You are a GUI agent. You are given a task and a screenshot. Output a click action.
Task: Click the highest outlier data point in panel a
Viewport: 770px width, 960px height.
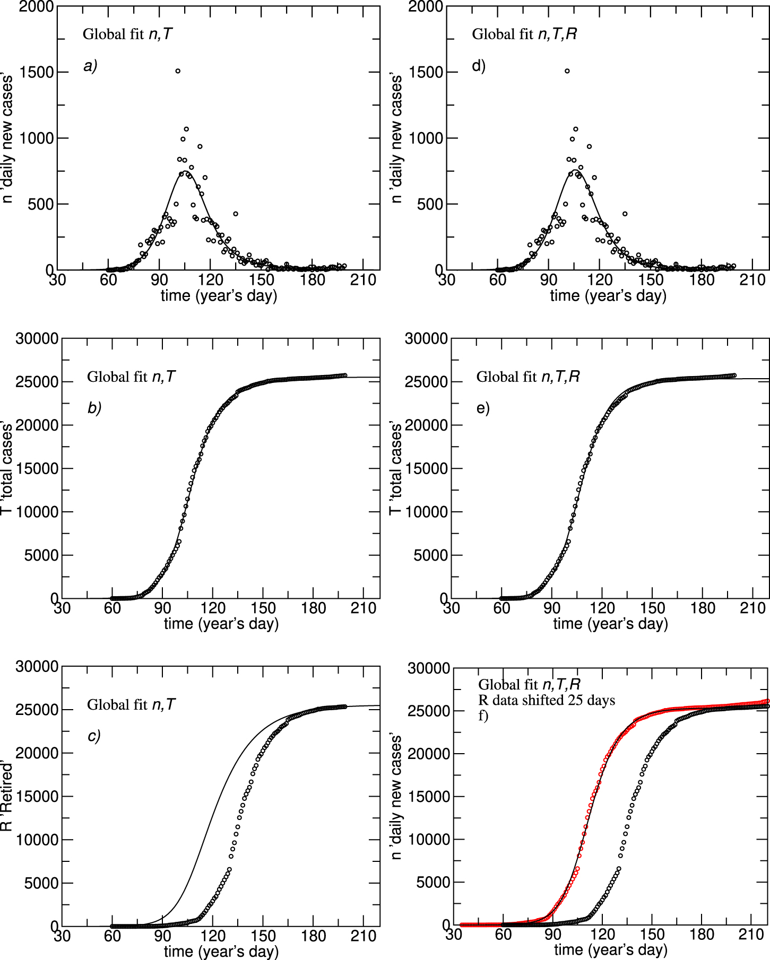point(178,71)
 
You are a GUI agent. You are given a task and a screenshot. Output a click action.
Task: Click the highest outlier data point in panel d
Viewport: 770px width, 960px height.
point(567,71)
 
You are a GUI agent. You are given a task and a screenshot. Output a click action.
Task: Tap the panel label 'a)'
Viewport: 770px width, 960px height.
point(90,66)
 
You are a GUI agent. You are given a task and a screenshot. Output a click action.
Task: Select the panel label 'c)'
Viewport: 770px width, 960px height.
point(94,736)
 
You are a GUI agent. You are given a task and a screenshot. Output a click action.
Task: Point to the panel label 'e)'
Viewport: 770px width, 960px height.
point(483,408)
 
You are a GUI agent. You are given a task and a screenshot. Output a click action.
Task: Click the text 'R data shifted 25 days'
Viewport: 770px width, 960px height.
point(547,700)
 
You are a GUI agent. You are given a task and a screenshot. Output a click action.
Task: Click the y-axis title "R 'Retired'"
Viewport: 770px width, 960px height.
point(7,796)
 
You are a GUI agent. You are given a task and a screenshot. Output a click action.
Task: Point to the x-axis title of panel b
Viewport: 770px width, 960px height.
point(221,624)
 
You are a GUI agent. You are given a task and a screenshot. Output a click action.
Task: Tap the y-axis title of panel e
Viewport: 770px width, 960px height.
point(396,468)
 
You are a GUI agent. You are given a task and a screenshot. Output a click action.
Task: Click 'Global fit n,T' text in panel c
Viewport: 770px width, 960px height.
point(131,704)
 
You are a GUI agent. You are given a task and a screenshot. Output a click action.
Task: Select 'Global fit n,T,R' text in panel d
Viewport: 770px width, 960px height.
point(524,34)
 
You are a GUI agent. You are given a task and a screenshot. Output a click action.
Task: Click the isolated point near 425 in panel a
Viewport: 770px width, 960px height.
point(236,214)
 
